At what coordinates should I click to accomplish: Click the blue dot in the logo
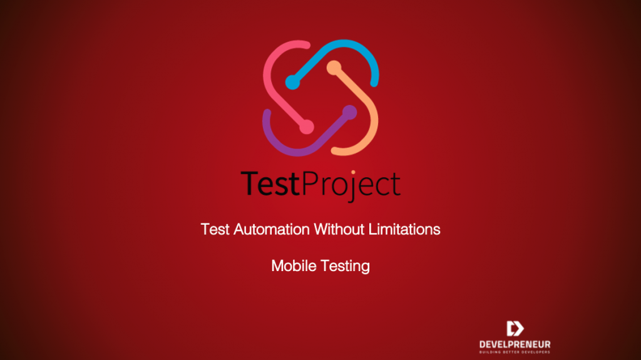pos(292,81)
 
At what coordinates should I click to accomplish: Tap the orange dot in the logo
pos(334,66)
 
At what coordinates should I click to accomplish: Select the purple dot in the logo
pos(349,112)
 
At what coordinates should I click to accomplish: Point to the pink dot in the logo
pos(306,126)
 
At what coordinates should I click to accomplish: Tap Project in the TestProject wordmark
pos(352,185)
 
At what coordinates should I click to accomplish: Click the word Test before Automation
pos(215,229)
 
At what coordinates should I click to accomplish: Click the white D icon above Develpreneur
pos(515,329)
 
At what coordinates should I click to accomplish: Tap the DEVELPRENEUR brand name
pos(515,344)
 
